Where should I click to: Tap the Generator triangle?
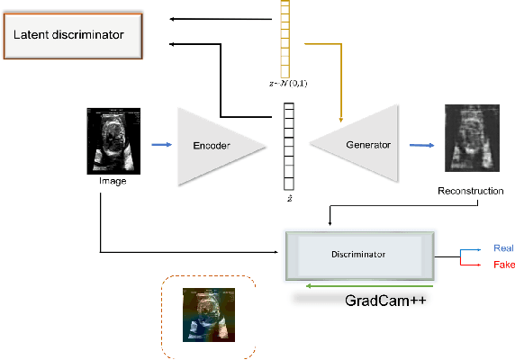[x=360, y=144]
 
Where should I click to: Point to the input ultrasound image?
[x=114, y=140]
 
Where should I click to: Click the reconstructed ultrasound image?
[x=469, y=139]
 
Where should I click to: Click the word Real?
[x=502, y=247]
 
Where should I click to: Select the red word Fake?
[x=502, y=265]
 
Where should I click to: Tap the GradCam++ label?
[x=385, y=301]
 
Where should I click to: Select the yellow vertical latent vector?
[x=289, y=40]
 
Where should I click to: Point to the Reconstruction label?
[x=470, y=191]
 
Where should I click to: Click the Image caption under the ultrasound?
[x=114, y=181]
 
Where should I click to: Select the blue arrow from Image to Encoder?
[x=162, y=142]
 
